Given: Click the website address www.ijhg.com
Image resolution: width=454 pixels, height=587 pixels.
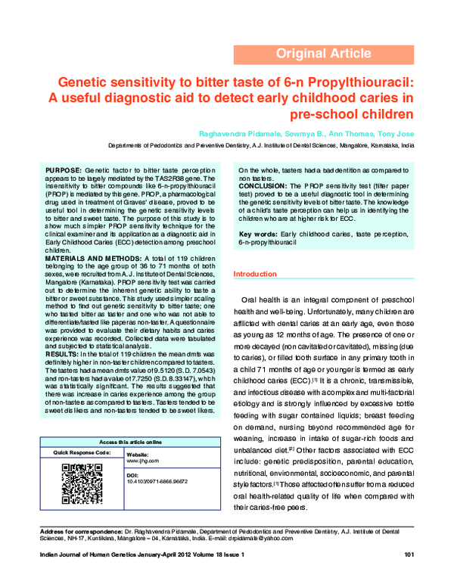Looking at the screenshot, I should pyautogui.click(x=141, y=459).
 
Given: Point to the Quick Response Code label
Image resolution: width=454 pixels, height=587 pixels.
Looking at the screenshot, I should pyautogui.click(x=77, y=452).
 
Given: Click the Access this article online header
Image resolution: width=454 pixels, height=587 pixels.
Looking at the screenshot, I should pyautogui.click(x=131, y=441).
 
